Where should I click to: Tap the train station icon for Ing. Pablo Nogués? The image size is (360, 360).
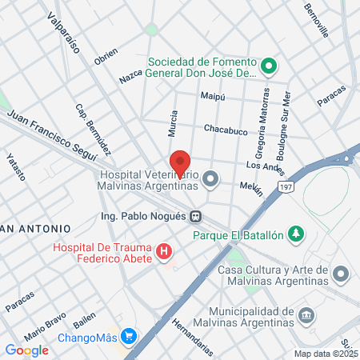195,216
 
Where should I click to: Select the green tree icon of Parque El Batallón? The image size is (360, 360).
297,234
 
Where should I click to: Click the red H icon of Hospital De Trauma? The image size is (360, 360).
165,254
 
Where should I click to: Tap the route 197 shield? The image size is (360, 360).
286,186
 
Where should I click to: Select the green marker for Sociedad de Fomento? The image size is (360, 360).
269,66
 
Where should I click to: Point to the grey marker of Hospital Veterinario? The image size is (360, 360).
210,178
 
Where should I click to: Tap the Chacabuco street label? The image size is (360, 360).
226,130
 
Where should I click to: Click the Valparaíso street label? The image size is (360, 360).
62,32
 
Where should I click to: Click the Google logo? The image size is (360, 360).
27,350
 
